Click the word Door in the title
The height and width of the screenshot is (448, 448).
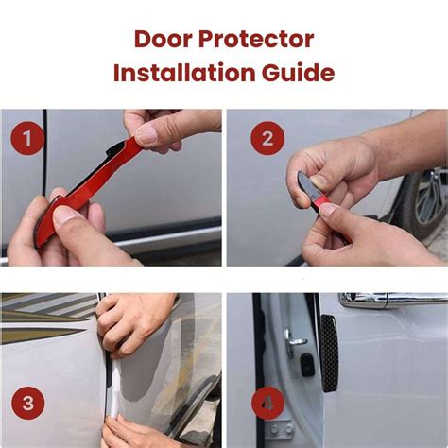pyautogui.click(x=165, y=41)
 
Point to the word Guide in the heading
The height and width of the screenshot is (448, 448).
pyautogui.click(x=302, y=73)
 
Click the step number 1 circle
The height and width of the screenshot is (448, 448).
pyautogui.click(x=27, y=140)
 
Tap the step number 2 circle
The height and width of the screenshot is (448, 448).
pyautogui.click(x=267, y=140)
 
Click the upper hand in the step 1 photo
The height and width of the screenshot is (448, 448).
pyautogui.click(x=165, y=128)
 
